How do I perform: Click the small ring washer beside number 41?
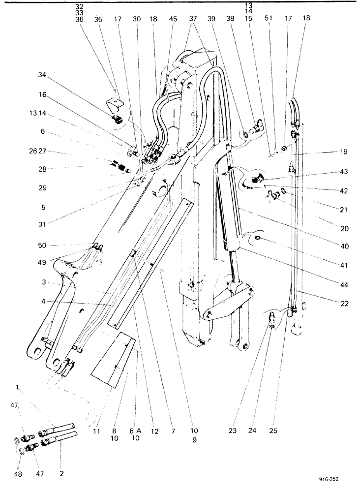click(258, 239)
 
